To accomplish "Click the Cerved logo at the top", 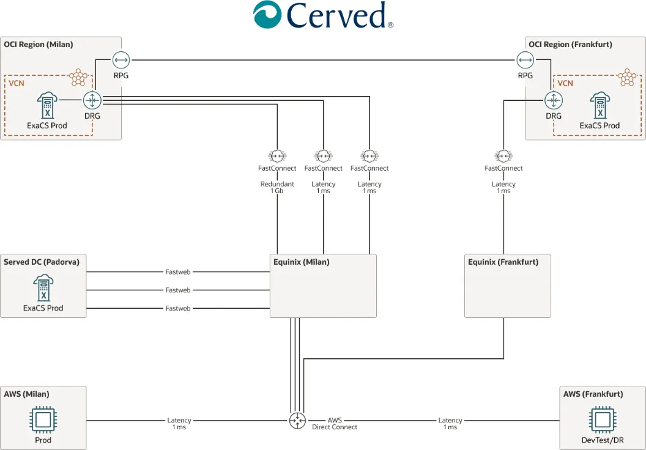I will [x=323, y=15].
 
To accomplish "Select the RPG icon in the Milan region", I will [x=121, y=60].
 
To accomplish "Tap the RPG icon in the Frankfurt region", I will [x=525, y=60].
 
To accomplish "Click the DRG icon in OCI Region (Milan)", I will [x=92, y=100].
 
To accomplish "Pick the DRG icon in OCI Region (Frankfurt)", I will [x=553, y=100].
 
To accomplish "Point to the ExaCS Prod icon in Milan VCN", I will [x=46, y=105].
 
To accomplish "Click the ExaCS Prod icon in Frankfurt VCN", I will [x=600, y=105].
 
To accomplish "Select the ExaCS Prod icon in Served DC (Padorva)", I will [x=43, y=288].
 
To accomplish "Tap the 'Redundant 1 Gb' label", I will [x=277, y=188].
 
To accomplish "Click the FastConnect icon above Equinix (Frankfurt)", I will [x=503, y=155].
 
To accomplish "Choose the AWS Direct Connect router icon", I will [x=297, y=421].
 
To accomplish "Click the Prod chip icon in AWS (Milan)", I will [x=43, y=419].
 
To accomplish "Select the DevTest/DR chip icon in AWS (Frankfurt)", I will [x=602, y=419].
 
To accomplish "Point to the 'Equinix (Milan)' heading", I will [x=301, y=262].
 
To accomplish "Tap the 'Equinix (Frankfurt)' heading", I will [x=503, y=262].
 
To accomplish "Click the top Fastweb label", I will [x=178, y=271].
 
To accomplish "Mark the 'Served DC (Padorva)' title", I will [x=42, y=262].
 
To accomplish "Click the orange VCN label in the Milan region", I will [x=17, y=83].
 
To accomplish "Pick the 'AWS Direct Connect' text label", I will [x=335, y=424].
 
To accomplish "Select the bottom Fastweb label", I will [x=178, y=308].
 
